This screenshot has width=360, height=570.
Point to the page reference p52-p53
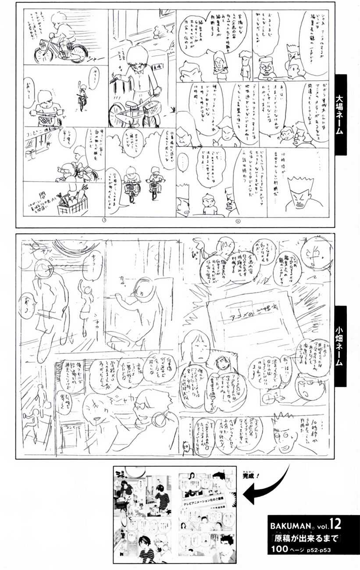[x=324, y=549]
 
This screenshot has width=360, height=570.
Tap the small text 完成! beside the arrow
[x=250, y=474]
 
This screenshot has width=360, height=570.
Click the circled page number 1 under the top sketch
[x=104, y=220]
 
